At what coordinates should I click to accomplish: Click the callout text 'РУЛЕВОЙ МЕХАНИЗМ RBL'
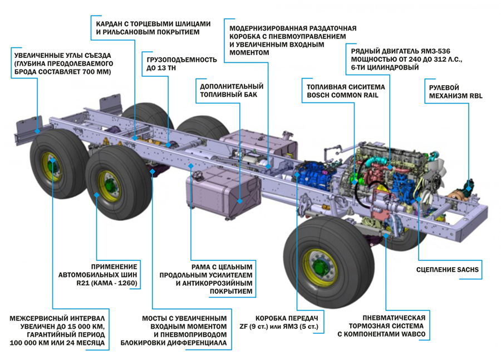coord(455,92)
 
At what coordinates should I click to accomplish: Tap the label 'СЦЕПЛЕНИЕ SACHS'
coord(448,270)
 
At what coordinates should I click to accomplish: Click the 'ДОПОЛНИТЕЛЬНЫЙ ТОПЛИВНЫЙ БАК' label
coord(231,91)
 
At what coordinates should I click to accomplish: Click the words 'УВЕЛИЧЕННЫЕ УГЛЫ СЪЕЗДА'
coord(63,56)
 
